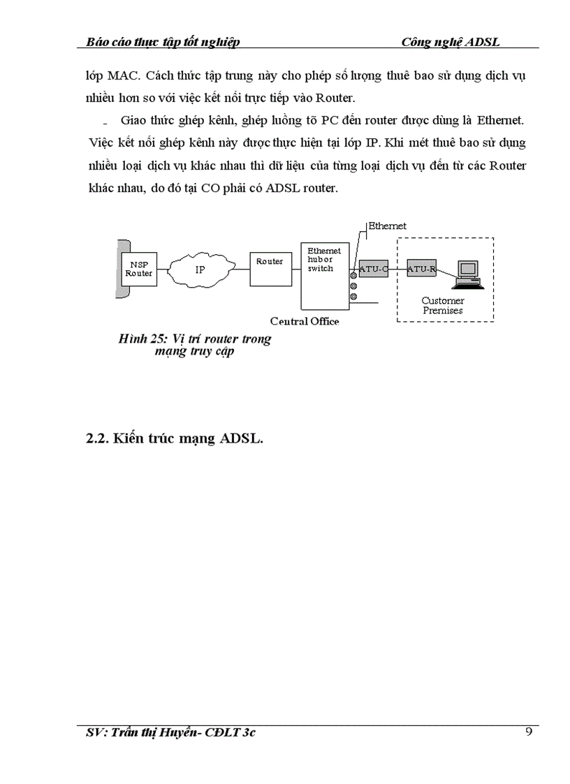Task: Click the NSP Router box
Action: [x=138, y=269]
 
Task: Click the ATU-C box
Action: [x=373, y=268]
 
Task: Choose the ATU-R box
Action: [x=421, y=268]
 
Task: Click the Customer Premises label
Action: [x=443, y=306]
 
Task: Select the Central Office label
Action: [x=305, y=321]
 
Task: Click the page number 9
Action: [x=528, y=732]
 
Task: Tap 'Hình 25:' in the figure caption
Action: [x=140, y=339]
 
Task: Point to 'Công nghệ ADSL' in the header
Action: [x=451, y=42]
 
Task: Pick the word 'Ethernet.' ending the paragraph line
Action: [x=500, y=121]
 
